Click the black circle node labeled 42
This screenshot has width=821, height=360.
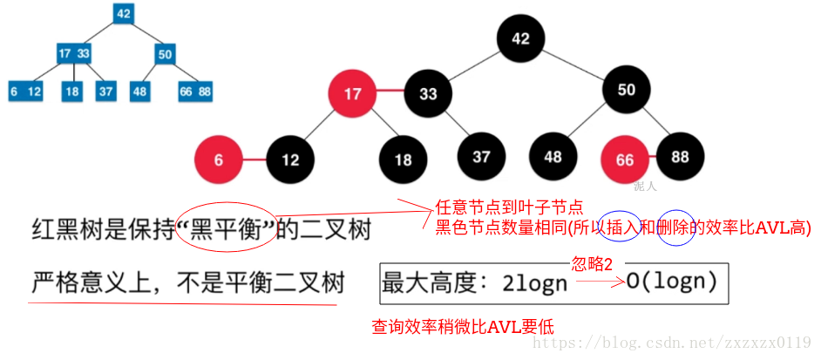pyautogui.click(x=520, y=39)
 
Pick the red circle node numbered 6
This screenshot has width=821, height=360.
pyautogui.click(x=219, y=160)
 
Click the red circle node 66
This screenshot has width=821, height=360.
pyautogui.click(x=624, y=160)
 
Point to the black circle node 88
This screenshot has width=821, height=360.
pyautogui.click(x=680, y=158)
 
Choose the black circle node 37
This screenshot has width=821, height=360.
pyautogui.click(x=481, y=159)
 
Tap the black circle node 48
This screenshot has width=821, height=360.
pyautogui.click(x=553, y=159)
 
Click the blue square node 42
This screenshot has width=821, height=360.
pyautogui.click(x=123, y=14)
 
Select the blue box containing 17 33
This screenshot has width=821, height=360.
pyautogui.click(x=73, y=53)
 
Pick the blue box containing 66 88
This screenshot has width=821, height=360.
pyautogui.click(x=195, y=91)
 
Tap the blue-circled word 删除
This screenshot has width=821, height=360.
pyautogui.click(x=676, y=228)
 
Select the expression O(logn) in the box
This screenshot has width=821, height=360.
pyautogui.click(x=671, y=282)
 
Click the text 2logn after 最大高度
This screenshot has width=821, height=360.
pyautogui.click(x=535, y=283)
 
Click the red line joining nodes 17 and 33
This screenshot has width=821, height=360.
pyautogui.click(x=390, y=92)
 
